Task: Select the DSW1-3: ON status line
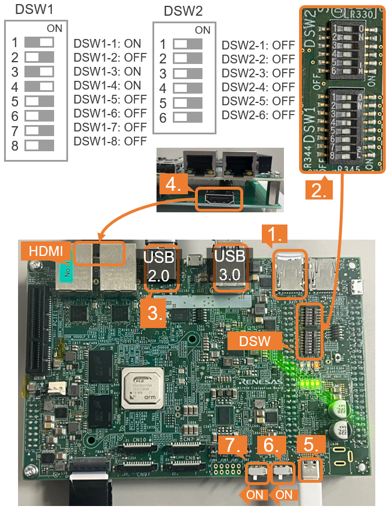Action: pos(107,71)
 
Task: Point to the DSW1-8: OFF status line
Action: pos(110,141)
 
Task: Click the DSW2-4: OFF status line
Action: pos(258,87)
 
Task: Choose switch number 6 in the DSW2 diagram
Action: pos(187,117)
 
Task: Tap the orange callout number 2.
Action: pos(319,189)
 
